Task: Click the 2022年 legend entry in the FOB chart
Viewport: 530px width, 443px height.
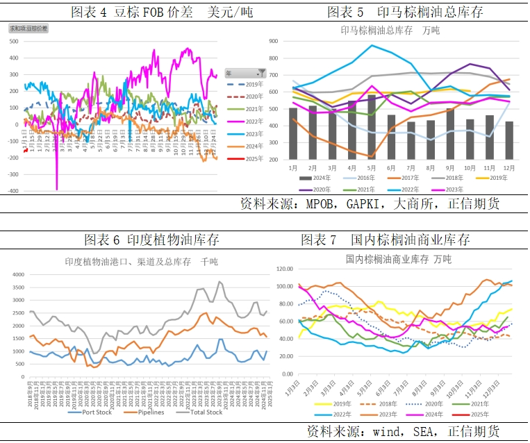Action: (x=247, y=122)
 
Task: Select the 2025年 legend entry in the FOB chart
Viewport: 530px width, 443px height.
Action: (x=247, y=159)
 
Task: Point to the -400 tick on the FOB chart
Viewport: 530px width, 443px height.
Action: (x=13, y=191)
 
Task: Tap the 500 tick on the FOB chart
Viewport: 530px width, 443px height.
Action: (x=14, y=41)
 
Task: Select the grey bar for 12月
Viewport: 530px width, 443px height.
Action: (x=511, y=141)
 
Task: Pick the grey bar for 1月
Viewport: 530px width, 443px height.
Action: (x=292, y=134)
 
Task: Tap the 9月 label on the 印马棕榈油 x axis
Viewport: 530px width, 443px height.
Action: (x=451, y=169)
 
